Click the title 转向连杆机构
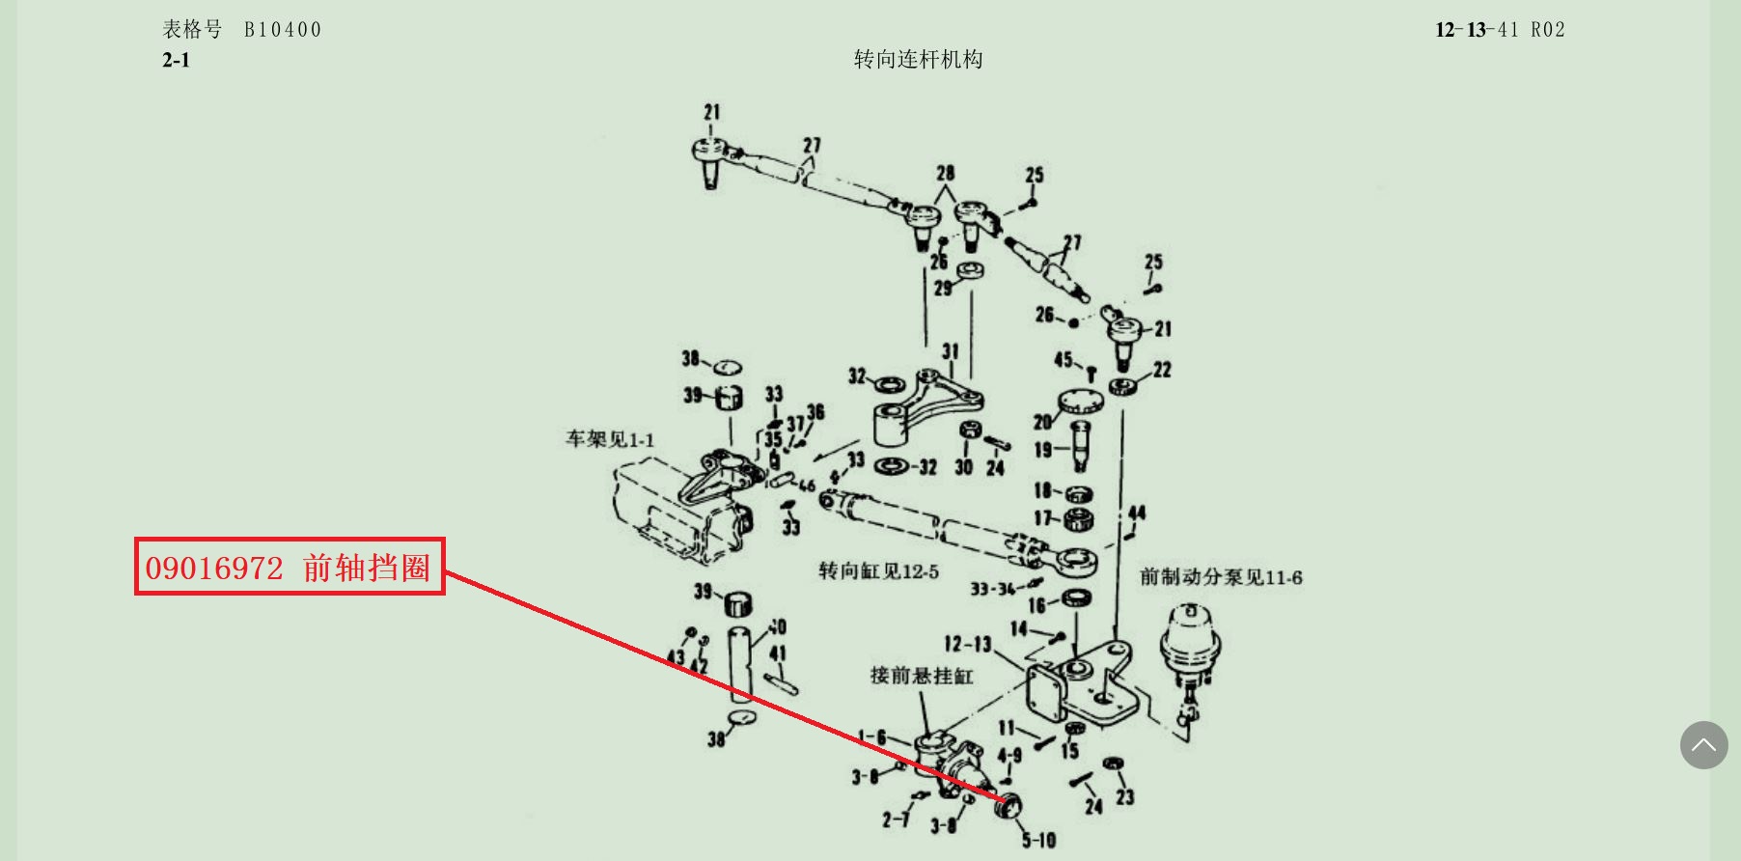918,60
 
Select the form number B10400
282,30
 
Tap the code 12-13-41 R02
1500,30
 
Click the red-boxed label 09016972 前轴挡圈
290,567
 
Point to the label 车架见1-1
609,440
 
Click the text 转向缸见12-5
878,571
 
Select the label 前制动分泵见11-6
1221,577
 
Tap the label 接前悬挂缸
922,676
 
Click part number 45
1063,360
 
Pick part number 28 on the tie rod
945,173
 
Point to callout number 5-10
1039,841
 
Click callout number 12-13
967,644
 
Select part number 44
1137,513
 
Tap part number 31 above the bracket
951,351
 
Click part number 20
1042,422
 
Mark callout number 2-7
895,819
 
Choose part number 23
1125,796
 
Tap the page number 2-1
176,60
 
